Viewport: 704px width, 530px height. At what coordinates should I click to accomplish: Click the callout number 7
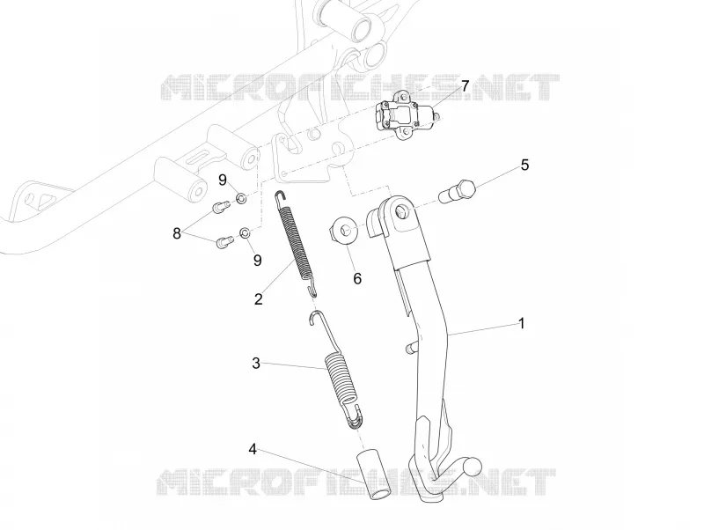click(x=465, y=85)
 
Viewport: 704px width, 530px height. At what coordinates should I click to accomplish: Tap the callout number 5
click(x=524, y=165)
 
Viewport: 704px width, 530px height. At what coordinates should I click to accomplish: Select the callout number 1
click(x=521, y=323)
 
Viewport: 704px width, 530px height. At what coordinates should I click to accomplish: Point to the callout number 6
click(x=357, y=278)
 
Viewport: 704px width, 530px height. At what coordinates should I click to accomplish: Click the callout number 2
click(x=258, y=298)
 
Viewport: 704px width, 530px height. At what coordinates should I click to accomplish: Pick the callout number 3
click(x=256, y=363)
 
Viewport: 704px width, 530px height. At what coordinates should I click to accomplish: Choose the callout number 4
click(x=253, y=448)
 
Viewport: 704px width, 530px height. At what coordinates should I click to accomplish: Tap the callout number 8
click(x=177, y=233)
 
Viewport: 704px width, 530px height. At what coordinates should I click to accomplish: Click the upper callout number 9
click(x=223, y=180)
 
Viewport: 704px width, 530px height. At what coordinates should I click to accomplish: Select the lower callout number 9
click(x=257, y=260)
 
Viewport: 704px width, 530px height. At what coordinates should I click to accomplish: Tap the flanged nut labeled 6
click(x=343, y=231)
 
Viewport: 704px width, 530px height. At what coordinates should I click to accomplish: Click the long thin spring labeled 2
click(x=296, y=242)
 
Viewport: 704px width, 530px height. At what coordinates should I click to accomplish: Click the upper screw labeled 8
click(x=221, y=207)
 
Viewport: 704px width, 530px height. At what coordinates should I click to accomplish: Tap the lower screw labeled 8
click(x=224, y=241)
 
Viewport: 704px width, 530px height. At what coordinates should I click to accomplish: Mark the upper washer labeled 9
click(x=241, y=198)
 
